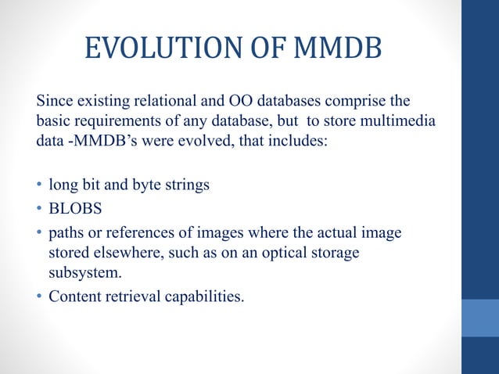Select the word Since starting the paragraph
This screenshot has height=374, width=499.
(x=55, y=102)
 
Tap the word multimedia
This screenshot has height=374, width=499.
(x=401, y=123)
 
